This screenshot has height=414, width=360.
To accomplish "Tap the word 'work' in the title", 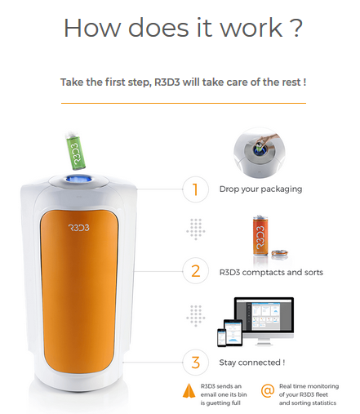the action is [251, 28].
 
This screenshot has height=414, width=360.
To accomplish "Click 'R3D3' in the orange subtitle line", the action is [167, 82].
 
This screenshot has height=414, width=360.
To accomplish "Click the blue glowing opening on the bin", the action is [78, 179].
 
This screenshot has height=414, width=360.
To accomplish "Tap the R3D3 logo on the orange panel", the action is [78, 228].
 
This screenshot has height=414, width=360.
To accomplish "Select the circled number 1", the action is [196, 189].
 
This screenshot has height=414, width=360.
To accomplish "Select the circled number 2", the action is [196, 271].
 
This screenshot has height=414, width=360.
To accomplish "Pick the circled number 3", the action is [196, 363].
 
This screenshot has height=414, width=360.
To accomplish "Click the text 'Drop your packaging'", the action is [260, 189].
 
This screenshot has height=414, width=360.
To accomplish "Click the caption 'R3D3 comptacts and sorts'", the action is [271, 273].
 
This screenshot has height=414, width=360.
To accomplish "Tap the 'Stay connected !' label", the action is [252, 363].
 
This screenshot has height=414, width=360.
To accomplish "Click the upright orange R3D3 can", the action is [260, 235].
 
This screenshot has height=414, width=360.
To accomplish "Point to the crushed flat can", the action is [279, 252].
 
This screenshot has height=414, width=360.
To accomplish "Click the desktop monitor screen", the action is [264, 314].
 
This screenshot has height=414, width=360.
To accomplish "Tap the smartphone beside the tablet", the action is [221, 337].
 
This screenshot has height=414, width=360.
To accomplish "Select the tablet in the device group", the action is [233, 332].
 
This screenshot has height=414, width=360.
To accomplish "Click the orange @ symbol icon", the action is [268, 391].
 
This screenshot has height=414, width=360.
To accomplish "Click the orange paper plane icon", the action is [189, 391].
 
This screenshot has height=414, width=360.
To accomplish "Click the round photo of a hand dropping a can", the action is [259, 153].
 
